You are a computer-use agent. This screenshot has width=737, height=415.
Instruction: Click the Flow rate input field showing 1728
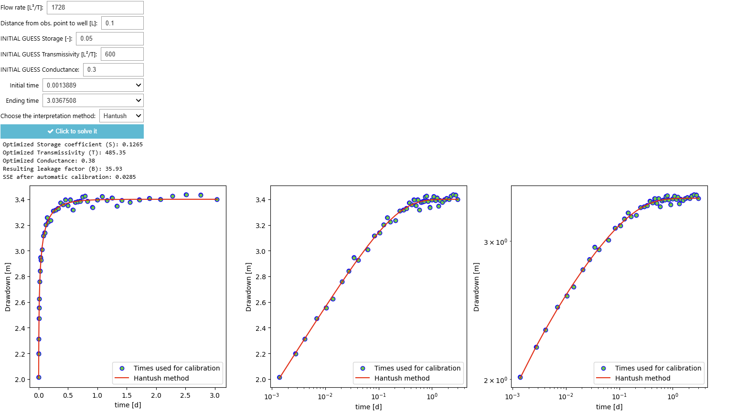click(x=95, y=8)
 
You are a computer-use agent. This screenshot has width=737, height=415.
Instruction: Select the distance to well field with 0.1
click(x=122, y=23)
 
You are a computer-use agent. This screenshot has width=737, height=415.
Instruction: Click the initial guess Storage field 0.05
click(x=109, y=39)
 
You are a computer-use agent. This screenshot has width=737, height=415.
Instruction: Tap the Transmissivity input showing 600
click(x=122, y=54)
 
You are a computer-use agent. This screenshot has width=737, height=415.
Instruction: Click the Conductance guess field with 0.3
click(x=113, y=70)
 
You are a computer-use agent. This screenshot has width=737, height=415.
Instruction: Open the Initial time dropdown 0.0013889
click(x=93, y=85)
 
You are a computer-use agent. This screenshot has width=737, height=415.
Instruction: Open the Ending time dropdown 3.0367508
click(x=93, y=101)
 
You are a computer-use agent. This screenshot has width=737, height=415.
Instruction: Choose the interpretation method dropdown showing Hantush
click(x=121, y=116)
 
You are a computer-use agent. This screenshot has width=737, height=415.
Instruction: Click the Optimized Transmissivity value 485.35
click(x=115, y=153)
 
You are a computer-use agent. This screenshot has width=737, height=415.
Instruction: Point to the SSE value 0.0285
click(x=125, y=177)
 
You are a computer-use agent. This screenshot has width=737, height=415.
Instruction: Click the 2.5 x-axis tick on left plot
click(x=185, y=395)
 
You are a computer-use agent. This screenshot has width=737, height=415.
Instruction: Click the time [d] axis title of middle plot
click(x=368, y=406)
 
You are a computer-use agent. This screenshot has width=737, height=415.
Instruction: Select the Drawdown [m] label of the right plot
click(x=476, y=287)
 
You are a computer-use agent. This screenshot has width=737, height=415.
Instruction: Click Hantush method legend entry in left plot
click(x=161, y=378)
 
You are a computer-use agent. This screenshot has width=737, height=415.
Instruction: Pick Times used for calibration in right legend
click(x=658, y=368)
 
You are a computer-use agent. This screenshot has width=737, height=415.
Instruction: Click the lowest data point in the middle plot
click(x=279, y=377)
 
